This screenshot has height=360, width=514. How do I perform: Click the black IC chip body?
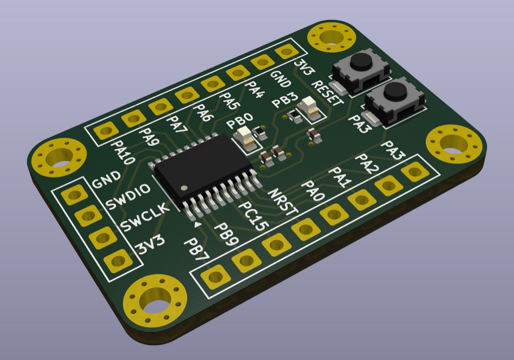(x=203, y=168)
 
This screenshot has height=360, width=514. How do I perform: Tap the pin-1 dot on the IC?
(x=184, y=188)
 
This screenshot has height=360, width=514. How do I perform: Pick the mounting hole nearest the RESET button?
(x=331, y=39)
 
